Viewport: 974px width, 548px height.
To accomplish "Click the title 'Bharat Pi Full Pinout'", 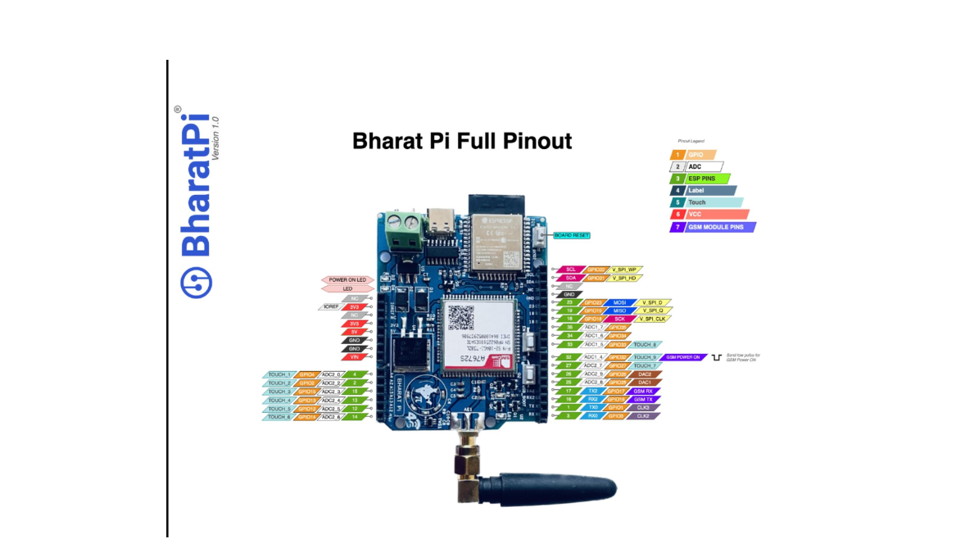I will (x=462, y=141).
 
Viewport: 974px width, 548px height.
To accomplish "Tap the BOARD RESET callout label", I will (x=572, y=235).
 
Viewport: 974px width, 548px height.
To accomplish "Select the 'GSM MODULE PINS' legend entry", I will (x=713, y=227).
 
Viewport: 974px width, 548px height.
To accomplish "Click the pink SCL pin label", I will (x=570, y=269).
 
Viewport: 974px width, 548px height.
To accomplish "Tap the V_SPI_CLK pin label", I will (x=652, y=319).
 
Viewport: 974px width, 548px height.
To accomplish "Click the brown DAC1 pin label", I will (x=644, y=383).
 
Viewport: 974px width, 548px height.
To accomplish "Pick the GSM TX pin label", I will (x=643, y=399).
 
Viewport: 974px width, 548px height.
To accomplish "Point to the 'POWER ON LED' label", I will (x=347, y=280).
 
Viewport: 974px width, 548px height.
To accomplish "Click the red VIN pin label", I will (x=354, y=357).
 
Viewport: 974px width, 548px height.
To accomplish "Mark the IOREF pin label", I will (x=331, y=306).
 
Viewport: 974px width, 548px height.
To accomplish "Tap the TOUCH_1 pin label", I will (x=279, y=374).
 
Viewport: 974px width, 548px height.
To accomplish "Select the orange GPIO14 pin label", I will (x=306, y=417).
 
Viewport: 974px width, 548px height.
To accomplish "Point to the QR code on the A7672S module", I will (x=460, y=317).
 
